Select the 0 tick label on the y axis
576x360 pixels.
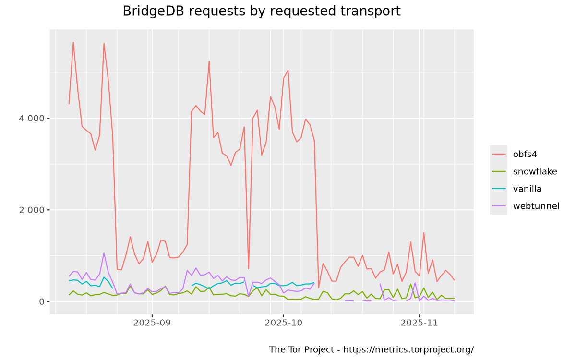click(41, 301)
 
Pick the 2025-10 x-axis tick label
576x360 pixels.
click(284, 323)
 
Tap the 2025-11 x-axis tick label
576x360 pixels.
click(420, 323)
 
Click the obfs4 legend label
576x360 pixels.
click(525, 154)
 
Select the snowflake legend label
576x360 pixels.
click(535, 171)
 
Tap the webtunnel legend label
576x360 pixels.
click(536, 206)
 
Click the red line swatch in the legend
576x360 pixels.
click(499, 154)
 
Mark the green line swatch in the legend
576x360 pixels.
click(499, 171)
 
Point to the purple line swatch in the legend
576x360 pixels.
click(499, 206)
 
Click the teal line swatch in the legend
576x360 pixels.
click(499, 189)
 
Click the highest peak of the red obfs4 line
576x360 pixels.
click(73, 42)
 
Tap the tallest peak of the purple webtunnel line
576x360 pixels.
click(104, 253)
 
